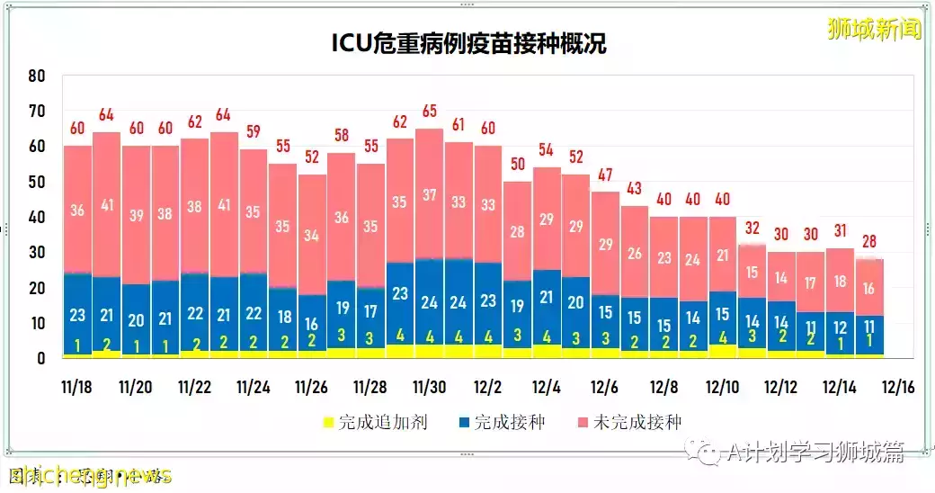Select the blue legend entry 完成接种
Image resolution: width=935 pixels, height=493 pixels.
[x=501, y=422]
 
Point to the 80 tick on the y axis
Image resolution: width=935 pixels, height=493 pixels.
[x=36, y=76]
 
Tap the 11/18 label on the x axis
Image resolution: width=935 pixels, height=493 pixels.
[x=76, y=388]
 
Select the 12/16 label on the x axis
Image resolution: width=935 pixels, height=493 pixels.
[x=896, y=388]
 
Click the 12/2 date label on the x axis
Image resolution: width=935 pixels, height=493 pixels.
[x=487, y=388]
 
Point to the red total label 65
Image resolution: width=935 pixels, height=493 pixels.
[x=429, y=112]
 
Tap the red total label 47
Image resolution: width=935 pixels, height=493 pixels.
[x=605, y=175]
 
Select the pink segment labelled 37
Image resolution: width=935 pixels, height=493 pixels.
[x=429, y=195]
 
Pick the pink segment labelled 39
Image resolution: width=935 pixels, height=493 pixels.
[x=136, y=216]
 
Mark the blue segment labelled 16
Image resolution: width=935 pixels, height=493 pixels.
[x=312, y=323]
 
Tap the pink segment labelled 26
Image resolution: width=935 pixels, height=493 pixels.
[x=634, y=254]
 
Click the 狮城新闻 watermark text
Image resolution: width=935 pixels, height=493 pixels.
[x=874, y=30]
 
